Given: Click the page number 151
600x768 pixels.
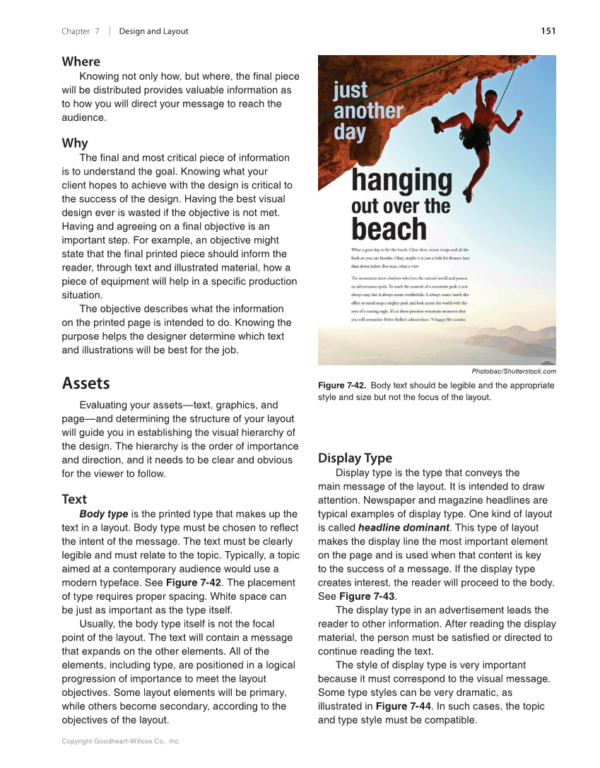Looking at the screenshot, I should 548,31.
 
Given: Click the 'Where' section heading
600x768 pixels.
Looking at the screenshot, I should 81,61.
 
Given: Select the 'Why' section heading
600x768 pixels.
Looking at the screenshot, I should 75,143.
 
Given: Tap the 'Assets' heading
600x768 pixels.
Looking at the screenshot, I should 86,383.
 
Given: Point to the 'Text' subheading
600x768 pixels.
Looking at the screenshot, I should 74,500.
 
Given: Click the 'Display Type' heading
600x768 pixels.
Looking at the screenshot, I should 355,458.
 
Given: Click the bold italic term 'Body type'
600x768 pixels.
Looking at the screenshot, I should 103,514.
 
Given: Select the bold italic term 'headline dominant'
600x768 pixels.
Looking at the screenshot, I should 404,528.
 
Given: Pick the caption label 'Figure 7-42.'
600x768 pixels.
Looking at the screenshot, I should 342,386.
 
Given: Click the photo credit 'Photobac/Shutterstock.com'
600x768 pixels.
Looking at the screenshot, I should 514,372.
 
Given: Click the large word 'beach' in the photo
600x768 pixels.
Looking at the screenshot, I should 389,229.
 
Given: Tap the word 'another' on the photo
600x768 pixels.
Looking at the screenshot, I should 367,111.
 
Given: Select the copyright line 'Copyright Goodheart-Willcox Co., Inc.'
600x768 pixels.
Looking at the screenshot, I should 121,741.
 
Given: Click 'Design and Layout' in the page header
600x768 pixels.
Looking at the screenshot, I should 153,31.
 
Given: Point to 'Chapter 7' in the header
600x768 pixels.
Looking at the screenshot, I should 81,31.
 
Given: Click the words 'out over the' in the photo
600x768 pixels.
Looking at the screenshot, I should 400,206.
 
